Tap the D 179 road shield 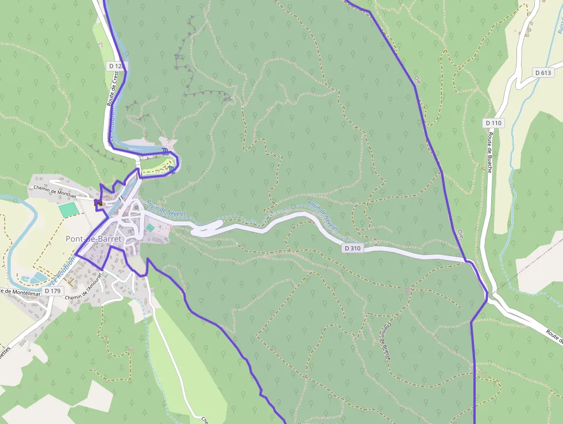(52, 291)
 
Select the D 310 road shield (353, 248)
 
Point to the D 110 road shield (493, 123)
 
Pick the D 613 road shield (542, 72)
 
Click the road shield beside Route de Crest (116, 66)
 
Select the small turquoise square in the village (150, 228)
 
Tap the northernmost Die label (418, 81)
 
